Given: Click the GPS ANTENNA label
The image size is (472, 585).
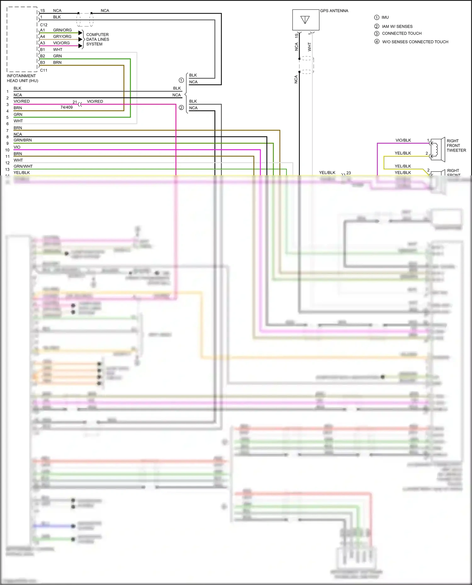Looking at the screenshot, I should [x=334, y=11].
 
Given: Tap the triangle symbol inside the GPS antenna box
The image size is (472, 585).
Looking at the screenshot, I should [x=305, y=20].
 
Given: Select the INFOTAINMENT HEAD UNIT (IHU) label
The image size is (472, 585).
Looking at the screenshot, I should [x=22, y=78].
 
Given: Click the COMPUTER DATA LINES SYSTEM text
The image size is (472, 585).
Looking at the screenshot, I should [x=98, y=39].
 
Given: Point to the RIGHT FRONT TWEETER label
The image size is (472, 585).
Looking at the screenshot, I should [x=456, y=146].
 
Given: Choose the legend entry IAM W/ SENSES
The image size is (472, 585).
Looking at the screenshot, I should [x=397, y=26].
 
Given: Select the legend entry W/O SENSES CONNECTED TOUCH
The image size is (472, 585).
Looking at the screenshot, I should [x=415, y=42].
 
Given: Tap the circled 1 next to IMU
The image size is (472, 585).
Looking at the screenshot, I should [x=377, y=18].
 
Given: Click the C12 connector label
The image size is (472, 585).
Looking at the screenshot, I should [x=44, y=25].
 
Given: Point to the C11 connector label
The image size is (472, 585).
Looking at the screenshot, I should [x=44, y=70].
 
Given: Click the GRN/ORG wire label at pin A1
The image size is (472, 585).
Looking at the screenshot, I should [x=62, y=30].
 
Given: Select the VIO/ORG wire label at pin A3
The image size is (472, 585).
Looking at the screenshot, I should [x=61, y=43].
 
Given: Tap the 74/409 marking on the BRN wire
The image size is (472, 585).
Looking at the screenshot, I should [x=66, y=107].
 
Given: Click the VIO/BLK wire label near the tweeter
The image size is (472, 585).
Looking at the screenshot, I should [x=403, y=140].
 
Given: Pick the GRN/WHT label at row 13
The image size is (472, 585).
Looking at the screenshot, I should [x=23, y=166].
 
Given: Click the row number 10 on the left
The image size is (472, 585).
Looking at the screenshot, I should [x=7, y=150].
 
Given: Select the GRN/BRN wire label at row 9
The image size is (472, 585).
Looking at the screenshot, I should [x=23, y=140].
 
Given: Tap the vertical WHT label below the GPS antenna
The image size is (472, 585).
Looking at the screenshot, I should [x=309, y=47].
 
